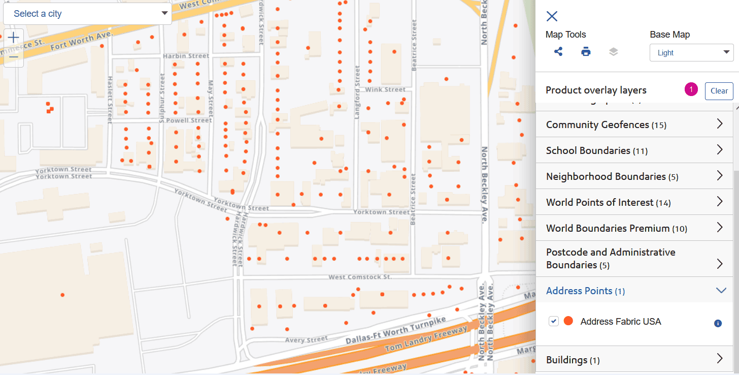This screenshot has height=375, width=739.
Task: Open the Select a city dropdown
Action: point(87,14)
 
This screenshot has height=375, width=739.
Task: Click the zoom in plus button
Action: point(14,38)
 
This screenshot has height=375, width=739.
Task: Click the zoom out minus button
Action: point(14,57)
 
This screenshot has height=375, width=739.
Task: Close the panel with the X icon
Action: point(552,16)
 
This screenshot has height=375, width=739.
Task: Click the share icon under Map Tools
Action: point(558,52)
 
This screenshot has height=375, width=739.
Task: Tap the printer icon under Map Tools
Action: point(586,52)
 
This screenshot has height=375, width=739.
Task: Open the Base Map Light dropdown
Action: point(691,53)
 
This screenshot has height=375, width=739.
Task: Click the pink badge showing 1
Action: point(691,89)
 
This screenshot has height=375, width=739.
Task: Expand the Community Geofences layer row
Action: point(634,124)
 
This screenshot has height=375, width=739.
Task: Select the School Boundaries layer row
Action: point(634,150)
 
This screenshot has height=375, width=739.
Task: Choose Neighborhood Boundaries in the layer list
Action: point(634,176)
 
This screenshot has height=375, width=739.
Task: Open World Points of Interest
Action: point(634,202)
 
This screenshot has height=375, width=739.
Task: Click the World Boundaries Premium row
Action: point(634,228)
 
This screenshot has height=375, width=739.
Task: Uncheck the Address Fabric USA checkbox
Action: point(554,321)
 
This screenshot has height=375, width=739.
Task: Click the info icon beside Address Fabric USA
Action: point(718,323)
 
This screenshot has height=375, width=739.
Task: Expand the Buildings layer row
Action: point(634,360)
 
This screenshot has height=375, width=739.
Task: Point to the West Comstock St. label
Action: point(360,277)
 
